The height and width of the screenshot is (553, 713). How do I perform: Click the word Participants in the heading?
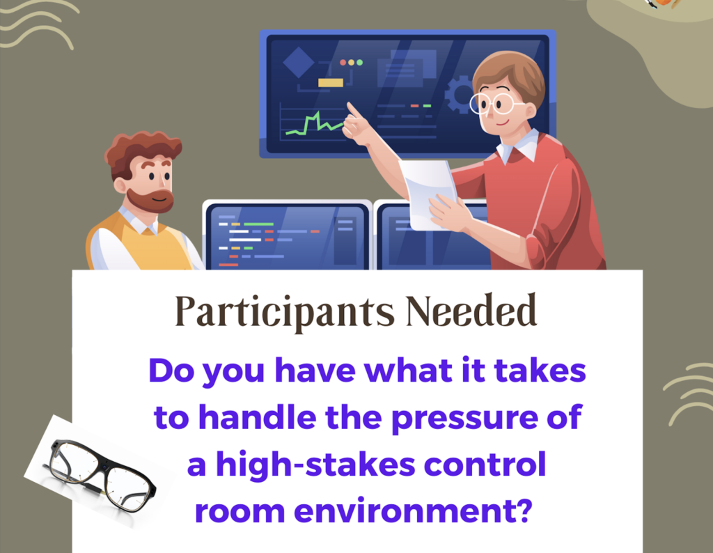point(285,313)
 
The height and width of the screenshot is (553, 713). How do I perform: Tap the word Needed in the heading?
point(471,311)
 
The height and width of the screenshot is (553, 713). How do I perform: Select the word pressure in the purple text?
point(464,419)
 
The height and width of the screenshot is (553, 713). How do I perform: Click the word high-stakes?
point(315,464)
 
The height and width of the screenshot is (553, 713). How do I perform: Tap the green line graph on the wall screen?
point(315,124)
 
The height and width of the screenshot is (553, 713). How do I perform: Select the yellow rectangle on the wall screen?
point(331,82)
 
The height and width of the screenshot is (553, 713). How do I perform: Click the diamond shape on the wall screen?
point(298,62)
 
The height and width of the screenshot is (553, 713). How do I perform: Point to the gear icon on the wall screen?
point(457,95)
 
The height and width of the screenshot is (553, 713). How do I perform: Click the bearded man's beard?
point(151,200)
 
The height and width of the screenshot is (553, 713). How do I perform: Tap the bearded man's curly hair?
point(141,150)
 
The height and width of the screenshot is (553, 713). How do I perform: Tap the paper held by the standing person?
point(428,194)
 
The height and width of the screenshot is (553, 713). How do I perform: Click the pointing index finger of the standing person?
point(352,111)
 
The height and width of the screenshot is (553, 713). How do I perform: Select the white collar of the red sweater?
point(518,146)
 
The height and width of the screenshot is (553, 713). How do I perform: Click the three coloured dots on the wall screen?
point(351,62)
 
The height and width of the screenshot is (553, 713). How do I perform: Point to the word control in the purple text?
point(485,465)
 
